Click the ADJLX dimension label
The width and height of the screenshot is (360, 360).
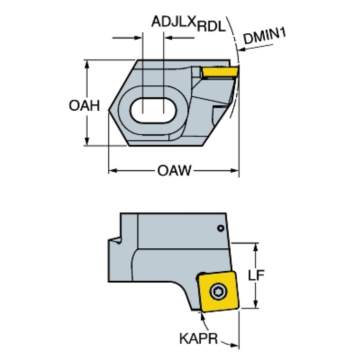[x=174, y=21]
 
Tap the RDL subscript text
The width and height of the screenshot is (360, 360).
[x=211, y=27]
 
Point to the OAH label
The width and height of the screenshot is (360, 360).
[x=84, y=106]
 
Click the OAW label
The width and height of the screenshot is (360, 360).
[x=174, y=170]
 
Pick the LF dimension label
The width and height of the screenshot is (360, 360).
[x=256, y=275]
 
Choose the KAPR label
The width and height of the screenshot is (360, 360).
[x=199, y=338]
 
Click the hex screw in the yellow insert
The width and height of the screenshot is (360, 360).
[x=218, y=291]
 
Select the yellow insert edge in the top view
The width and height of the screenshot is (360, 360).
[x=220, y=72]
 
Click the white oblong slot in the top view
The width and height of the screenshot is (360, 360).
[x=153, y=111]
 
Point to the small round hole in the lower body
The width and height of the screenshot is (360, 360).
[x=221, y=228]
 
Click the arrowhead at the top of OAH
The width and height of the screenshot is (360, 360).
[x=87, y=64]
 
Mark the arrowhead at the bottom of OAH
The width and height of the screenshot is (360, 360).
[x=87, y=141]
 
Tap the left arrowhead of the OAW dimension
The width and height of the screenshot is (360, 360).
[x=113, y=170]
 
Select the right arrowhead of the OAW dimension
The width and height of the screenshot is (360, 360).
[x=234, y=170]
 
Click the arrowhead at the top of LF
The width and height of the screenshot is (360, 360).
[x=256, y=247]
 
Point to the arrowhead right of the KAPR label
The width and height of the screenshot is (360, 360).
[x=234, y=345]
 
